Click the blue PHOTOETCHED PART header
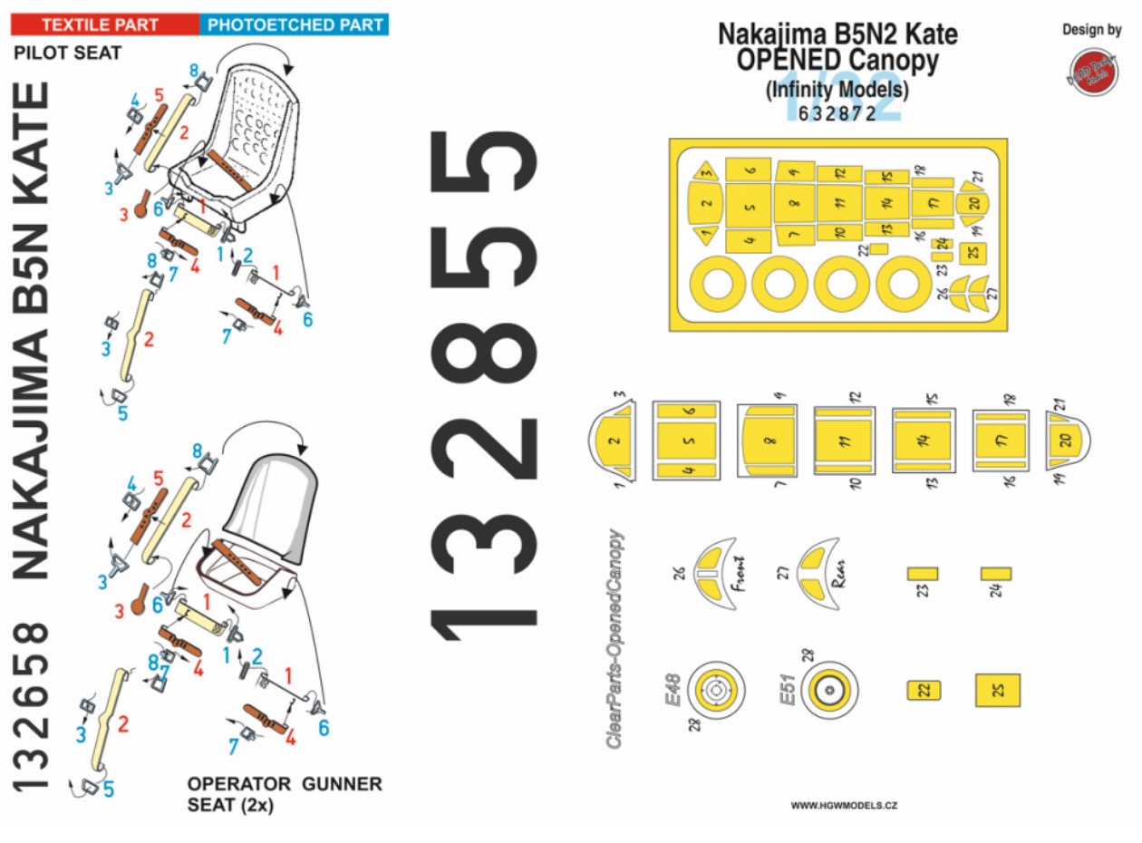pyautogui.click(x=294, y=24)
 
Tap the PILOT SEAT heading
pyautogui.click(x=68, y=53)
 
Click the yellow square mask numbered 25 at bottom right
pyautogui.click(x=998, y=691)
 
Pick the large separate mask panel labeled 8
pyautogui.click(x=769, y=441)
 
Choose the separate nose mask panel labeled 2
pyautogui.click(x=614, y=441)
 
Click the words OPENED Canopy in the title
pyautogui.click(x=838, y=62)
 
